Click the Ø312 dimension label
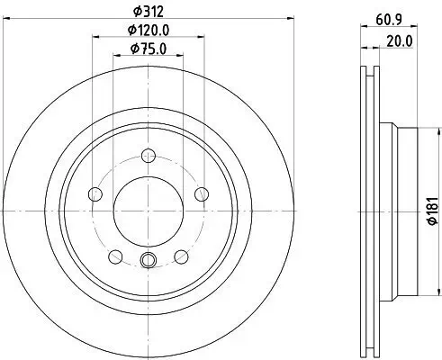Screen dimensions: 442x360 pyautogui.click(x=149, y=12)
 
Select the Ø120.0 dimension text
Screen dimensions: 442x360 pyautogui.click(x=149, y=30)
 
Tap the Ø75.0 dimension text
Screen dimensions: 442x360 pyautogui.click(x=149, y=49)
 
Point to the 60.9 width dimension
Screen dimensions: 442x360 pyautogui.click(x=389, y=20)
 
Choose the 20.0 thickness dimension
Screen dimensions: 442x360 pyautogui.click(x=400, y=41)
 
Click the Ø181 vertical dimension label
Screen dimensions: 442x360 pyautogui.click(x=433, y=211)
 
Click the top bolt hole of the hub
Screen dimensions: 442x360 pyautogui.click(x=149, y=156)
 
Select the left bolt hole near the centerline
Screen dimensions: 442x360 pyautogui.click(x=95, y=194)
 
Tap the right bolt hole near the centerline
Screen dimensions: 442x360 pyautogui.click(x=202, y=194)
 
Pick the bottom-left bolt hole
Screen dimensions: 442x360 pyautogui.click(x=115, y=256)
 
